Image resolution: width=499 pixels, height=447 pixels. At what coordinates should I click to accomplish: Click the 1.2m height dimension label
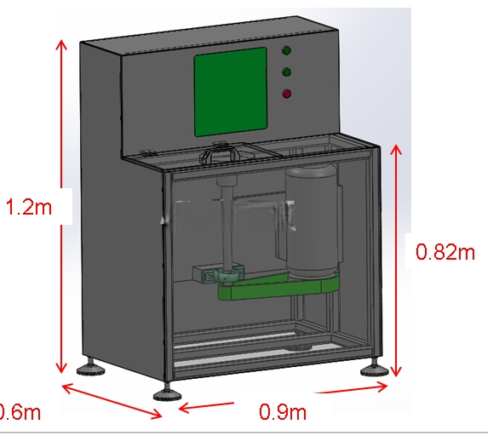[x=29, y=207]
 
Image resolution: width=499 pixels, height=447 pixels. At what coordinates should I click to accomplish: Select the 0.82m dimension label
[x=445, y=252]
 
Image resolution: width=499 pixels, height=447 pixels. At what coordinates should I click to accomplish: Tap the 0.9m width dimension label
[x=283, y=411]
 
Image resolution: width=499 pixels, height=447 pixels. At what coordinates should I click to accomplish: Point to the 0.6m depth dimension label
[x=20, y=412]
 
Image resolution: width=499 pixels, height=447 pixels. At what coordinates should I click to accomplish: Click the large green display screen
[x=231, y=92]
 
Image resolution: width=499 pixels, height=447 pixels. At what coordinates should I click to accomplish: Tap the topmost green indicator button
[x=286, y=50]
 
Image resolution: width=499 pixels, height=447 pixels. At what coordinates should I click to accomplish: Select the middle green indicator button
[x=286, y=72]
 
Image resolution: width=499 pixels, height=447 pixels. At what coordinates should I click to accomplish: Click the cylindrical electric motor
[x=312, y=221]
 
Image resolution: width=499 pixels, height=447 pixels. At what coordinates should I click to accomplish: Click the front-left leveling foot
[x=167, y=393]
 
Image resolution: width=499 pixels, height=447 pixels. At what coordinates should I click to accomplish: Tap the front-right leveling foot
[x=375, y=369]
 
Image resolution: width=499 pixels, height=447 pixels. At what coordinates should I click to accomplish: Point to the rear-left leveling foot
[x=91, y=368]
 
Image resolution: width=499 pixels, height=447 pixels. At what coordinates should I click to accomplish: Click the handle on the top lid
[x=220, y=154]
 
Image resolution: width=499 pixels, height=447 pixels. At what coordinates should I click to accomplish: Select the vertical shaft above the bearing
[x=227, y=224]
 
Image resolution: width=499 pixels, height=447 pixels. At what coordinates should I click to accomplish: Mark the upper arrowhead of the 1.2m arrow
[x=61, y=44]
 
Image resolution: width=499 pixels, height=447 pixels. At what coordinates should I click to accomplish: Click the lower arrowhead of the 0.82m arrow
[x=396, y=371]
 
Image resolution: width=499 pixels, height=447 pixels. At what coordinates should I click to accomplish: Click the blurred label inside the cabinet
[x=229, y=215]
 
